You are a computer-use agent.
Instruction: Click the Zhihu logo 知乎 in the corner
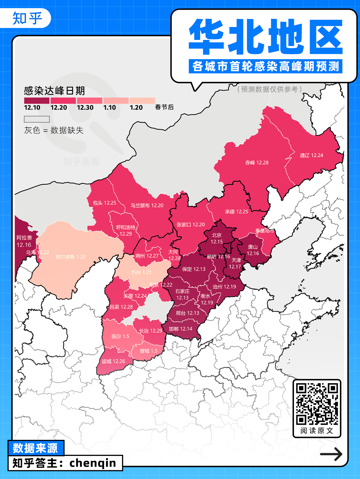27,18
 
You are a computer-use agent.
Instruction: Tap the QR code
317,404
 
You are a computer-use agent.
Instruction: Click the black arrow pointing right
331,454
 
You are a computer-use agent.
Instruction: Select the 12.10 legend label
32,108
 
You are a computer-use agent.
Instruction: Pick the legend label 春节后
164,107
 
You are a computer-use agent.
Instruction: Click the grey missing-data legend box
37,119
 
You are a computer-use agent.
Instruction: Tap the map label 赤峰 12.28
257,162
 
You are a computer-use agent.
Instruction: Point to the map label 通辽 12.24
311,155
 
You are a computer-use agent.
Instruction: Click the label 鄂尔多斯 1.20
70,257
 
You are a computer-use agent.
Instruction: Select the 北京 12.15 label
217,238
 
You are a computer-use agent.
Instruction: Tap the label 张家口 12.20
191,225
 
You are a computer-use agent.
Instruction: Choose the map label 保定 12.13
194,269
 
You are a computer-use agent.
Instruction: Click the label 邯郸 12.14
181,329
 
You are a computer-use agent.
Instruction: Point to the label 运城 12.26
113,361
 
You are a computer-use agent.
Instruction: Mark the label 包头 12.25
104,203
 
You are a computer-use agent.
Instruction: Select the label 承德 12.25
237,211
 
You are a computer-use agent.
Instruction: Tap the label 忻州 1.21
141,272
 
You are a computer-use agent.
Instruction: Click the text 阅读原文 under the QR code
317,431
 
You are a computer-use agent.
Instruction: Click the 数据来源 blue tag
35,448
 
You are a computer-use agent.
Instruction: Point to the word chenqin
93,463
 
